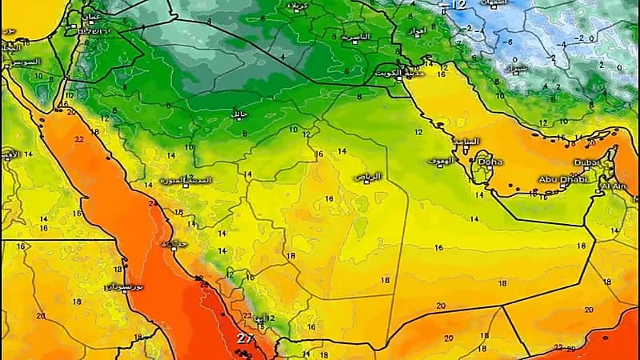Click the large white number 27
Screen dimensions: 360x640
tap(244, 339)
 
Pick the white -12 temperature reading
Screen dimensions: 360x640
tap(456, 6)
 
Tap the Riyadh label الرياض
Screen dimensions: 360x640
tap(368, 176)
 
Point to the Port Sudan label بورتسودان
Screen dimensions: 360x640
tap(127, 286)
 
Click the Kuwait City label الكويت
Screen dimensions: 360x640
tap(386, 71)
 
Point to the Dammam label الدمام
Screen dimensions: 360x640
tap(466, 142)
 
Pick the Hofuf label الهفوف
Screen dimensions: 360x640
tap(440, 161)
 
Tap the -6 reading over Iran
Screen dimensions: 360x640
tap(507, 42)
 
